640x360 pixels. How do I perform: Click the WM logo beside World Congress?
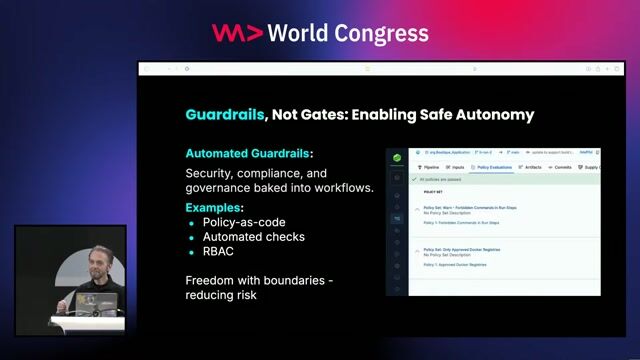point(237,32)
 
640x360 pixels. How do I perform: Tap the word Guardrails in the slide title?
point(224,114)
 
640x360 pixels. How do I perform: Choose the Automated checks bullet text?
point(253,237)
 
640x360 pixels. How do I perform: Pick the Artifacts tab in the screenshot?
point(531,167)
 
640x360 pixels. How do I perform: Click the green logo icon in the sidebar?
point(397,157)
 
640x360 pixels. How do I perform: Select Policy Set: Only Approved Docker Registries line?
point(464,249)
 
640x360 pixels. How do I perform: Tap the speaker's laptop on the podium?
point(104,302)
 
